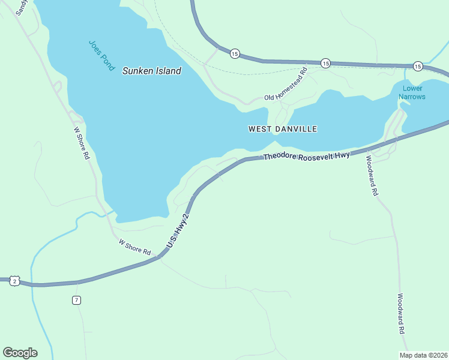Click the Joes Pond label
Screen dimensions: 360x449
(x=101, y=55)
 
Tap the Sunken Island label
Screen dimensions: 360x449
(x=151, y=71)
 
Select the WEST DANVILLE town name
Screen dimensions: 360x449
(x=282, y=129)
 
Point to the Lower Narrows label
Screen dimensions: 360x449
(x=412, y=92)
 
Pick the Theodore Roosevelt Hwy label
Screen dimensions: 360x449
(x=306, y=156)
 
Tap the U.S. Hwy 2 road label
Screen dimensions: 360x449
(x=178, y=232)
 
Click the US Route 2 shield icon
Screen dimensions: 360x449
(x=15, y=281)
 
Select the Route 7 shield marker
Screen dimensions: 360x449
(x=76, y=300)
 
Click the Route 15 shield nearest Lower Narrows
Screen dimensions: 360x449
(x=418, y=65)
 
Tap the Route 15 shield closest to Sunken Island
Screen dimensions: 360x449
(x=234, y=54)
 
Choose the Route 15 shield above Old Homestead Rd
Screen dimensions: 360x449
(x=325, y=62)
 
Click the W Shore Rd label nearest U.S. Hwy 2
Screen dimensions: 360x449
(x=134, y=247)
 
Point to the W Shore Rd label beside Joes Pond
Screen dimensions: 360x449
(x=81, y=142)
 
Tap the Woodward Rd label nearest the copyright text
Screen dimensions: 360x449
(x=402, y=314)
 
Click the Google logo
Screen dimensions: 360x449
(x=20, y=353)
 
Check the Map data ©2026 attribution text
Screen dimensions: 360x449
(x=424, y=355)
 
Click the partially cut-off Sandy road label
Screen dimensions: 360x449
(x=22, y=7)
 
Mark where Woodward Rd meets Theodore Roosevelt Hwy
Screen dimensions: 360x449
(x=366, y=148)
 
